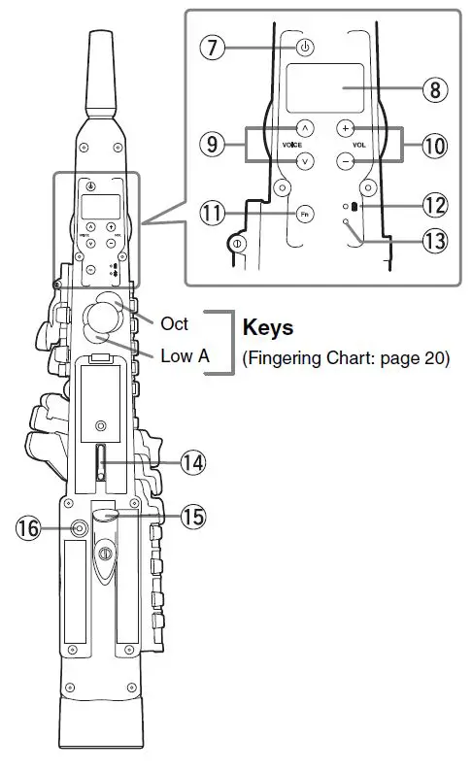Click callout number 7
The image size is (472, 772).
212,48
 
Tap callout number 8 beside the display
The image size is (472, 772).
435,89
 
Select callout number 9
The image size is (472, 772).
212,144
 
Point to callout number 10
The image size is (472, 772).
434,146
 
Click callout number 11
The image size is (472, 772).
212,214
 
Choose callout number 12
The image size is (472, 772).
435,205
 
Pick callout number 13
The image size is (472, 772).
435,241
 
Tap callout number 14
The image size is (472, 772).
192,463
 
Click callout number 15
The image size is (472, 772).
192,517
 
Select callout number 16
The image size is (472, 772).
28,528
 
